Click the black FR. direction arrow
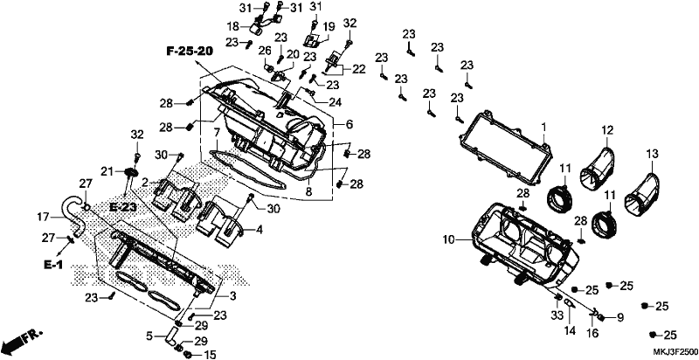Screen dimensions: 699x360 click(23, 341)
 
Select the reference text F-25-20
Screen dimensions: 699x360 click(190, 52)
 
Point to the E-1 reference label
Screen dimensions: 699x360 click(53, 265)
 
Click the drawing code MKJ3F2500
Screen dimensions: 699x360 click(673, 350)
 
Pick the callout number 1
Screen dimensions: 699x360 click(543, 128)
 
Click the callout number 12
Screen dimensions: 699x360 click(607, 130)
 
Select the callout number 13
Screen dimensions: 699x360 click(652, 154)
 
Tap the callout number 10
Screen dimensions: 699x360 click(448, 240)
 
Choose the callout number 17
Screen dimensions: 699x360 click(43, 217)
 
